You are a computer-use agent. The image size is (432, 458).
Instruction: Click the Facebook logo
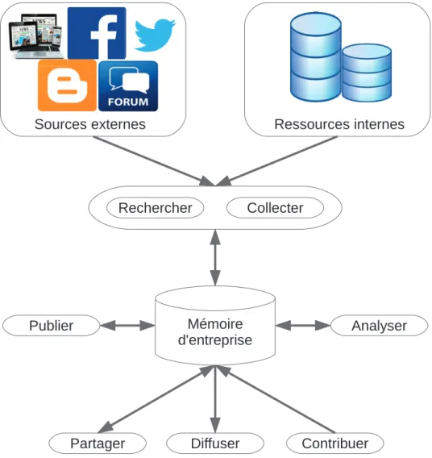[x=97, y=33]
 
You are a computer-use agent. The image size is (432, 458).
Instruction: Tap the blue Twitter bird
[x=155, y=35]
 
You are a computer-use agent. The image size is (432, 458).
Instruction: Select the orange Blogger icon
[x=67, y=85]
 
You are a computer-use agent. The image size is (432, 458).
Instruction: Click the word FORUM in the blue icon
[x=128, y=102]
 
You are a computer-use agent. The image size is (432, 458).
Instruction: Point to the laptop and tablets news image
[x=36, y=36]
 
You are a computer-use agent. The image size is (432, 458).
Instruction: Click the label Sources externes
[x=90, y=124]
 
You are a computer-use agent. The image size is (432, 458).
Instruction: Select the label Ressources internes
[x=339, y=124]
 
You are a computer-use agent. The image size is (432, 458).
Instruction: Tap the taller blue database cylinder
[x=316, y=57]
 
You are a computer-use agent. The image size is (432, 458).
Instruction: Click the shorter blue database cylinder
[x=367, y=73]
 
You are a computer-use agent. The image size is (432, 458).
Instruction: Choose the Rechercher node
[x=156, y=208]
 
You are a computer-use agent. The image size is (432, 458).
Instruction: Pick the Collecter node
[x=275, y=208]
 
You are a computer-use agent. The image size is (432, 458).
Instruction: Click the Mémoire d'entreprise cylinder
[x=215, y=326]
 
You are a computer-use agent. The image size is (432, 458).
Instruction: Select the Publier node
[x=52, y=326]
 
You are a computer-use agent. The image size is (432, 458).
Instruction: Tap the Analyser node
[x=379, y=326]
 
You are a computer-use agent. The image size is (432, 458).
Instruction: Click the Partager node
[x=98, y=443]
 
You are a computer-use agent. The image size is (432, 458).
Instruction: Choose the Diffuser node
[x=215, y=443]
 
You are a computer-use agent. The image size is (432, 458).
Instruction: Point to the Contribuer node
[x=335, y=443]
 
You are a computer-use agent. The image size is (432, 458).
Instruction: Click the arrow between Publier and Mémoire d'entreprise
[x=127, y=326]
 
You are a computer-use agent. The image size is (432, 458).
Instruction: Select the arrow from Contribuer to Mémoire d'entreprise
[x=276, y=399]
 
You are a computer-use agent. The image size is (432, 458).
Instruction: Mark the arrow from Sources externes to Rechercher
[x=154, y=161]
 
